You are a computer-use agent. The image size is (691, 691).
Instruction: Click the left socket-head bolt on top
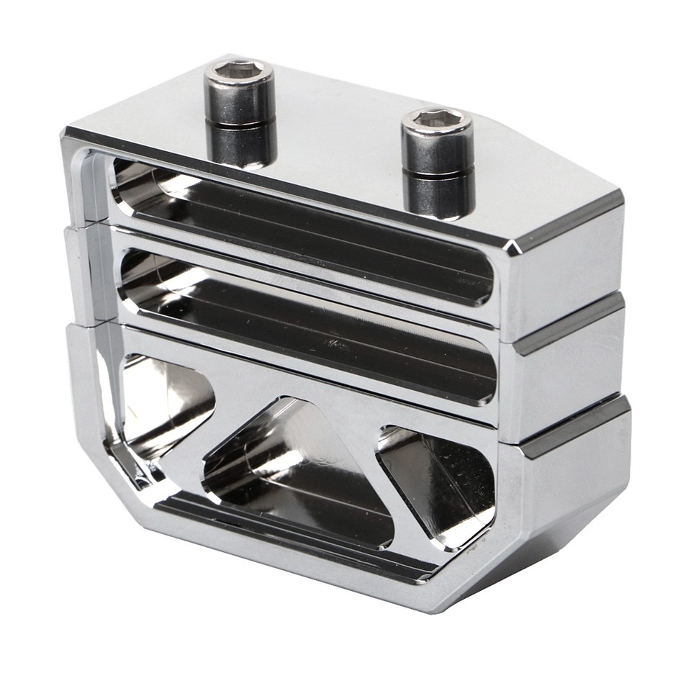point(240,115)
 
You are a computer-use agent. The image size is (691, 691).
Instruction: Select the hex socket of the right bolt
point(436,119)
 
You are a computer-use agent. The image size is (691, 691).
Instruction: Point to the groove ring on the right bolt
point(438,173)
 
